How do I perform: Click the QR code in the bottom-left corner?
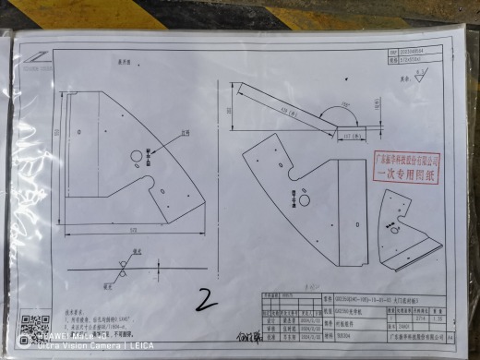pos(34,327)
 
